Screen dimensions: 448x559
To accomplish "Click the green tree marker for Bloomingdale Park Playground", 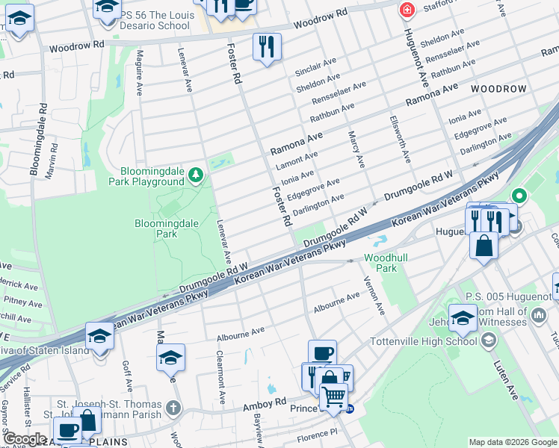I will pos(196,175).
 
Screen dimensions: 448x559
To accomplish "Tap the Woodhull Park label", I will pos(380,262).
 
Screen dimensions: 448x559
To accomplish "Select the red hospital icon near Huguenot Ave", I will pos(407,10).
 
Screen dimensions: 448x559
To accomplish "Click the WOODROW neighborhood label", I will pos(498,89).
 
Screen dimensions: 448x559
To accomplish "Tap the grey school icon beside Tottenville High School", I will pos(489,341).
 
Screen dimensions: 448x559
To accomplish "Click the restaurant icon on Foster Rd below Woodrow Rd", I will pos(267,46).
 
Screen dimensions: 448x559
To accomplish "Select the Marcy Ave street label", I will pos(356,149).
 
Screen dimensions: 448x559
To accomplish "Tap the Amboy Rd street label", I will pos(265,403).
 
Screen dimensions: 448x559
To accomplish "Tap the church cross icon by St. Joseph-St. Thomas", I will pos(173,408).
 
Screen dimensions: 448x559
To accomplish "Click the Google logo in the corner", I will pos(24,438).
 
